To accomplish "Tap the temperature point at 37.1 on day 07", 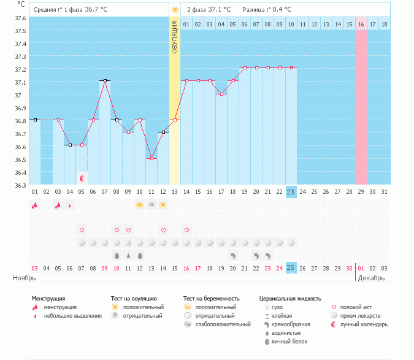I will pos(105,80).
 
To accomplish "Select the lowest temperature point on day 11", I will pos(151,158).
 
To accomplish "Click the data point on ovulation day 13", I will pos(175,120).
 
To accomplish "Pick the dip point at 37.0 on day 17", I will pos(221,94).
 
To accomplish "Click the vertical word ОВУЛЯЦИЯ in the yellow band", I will pos(175,37).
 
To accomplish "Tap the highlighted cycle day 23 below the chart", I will pos(291,192).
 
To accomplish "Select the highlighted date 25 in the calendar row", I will pos(291,268).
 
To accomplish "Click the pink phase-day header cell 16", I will pos(361,24).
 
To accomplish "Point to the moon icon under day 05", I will pos(82,178).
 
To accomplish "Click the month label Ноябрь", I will pos(25,278).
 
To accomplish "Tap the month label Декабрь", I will pos(372,278).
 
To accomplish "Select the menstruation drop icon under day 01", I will pos(34,205).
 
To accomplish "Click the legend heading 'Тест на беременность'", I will pos(211,299).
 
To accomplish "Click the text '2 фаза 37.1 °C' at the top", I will pos(209,10).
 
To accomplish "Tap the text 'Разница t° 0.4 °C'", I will pos(267,10).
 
